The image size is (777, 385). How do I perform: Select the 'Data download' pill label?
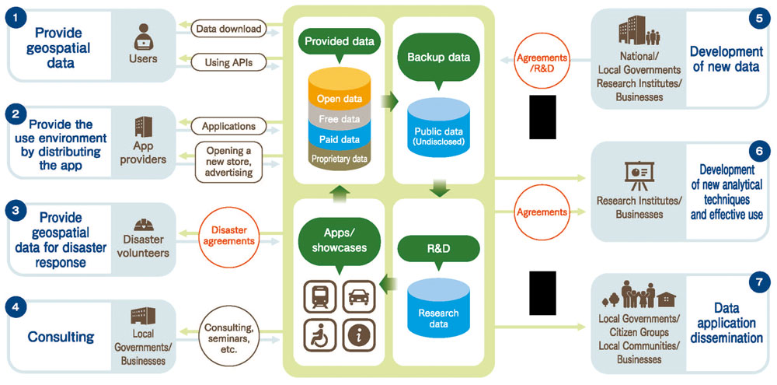tap(228, 30)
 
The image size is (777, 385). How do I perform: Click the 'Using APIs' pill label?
tap(228, 60)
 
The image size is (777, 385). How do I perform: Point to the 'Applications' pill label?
tap(228, 125)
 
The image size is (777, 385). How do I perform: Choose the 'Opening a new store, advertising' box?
tap(228, 161)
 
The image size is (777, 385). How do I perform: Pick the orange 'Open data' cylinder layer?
tap(339, 99)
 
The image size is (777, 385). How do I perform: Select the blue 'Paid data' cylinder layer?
tap(339, 138)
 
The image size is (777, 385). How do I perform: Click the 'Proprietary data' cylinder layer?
tap(339, 159)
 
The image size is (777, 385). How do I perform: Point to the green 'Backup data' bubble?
tap(436, 58)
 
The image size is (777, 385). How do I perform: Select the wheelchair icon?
tap(318, 334)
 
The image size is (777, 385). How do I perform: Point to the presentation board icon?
tap(639, 175)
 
